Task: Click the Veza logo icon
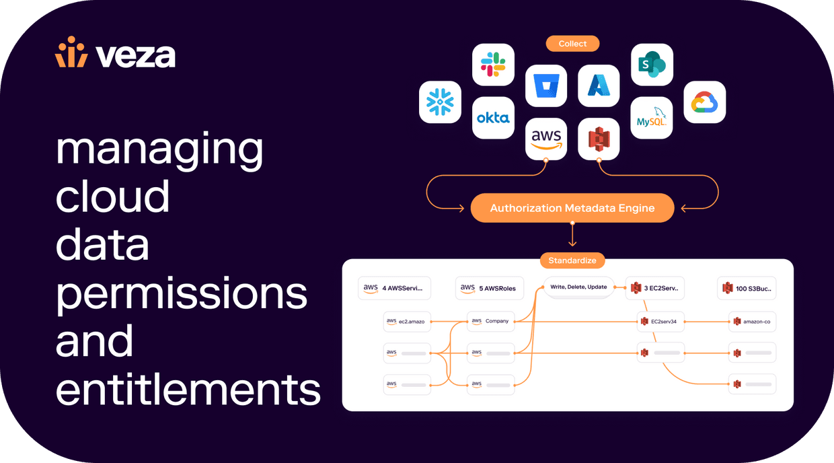pos(71,52)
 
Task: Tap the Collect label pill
pos(572,44)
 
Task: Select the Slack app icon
pos(493,65)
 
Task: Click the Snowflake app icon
pos(440,102)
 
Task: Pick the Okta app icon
pos(493,118)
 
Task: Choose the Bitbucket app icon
pos(546,85)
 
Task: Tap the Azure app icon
pos(599,85)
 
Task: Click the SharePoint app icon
pos(652,65)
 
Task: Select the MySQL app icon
pos(652,118)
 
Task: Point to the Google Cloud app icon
pos(704,102)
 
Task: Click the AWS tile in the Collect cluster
pos(546,139)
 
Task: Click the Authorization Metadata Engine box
pos(572,208)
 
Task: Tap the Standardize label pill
pos(572,260)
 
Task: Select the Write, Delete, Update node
pos(578,287)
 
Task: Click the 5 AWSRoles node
pos(489,288)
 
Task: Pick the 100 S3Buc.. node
pos(747,288)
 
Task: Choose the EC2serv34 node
pos(660,322)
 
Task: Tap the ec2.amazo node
pos(407,322)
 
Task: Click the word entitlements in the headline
pos(188,390)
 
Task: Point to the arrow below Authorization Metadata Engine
pos(572,235)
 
